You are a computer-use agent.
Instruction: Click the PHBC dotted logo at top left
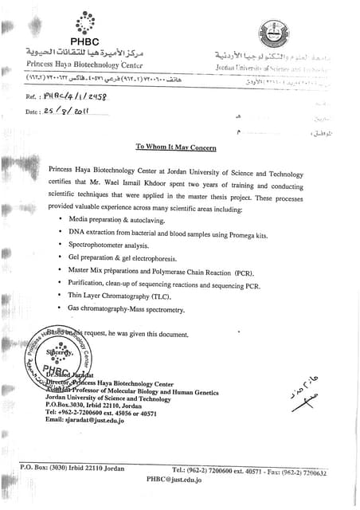(84, 24)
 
